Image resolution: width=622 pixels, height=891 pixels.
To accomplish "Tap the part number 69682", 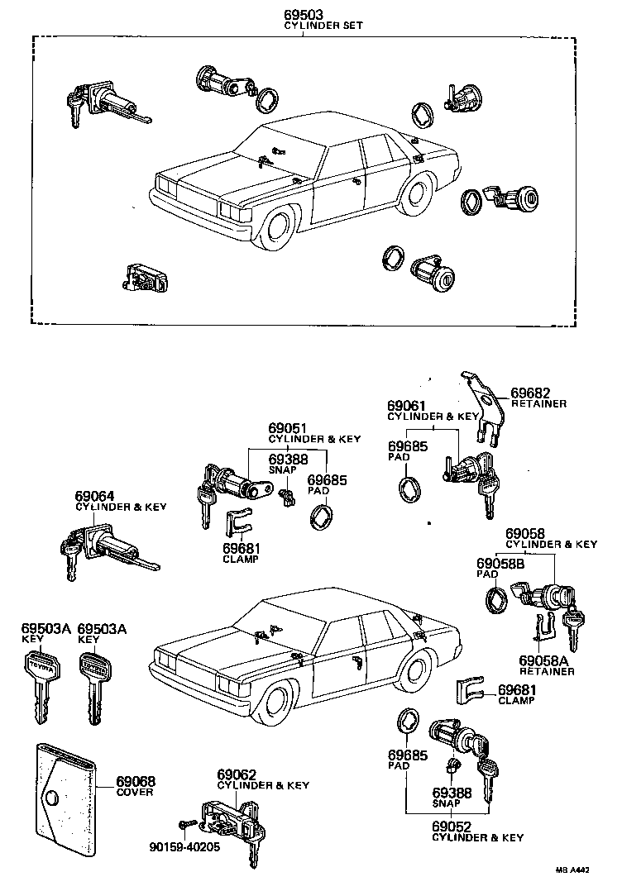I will click(529, 393).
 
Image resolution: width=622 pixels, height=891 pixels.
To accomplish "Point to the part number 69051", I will click(288, 428).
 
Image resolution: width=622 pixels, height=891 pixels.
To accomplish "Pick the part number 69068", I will click(136, 781).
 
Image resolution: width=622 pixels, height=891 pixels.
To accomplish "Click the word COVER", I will click(136, 792).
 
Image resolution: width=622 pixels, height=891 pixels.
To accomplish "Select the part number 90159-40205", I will click(184, 846).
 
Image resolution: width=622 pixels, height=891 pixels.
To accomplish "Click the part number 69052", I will click(450, 827).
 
